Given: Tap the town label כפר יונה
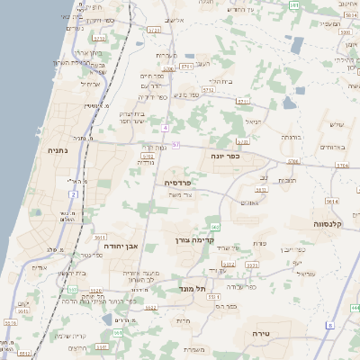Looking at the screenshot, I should pyautogui.click(x=252, y=155).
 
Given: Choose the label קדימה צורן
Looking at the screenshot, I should pyautogui.click(x=190, y=241).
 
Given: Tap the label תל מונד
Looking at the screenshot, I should pyautogui.click(x=193, y=288).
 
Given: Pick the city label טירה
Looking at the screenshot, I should pyautogui.click(x=274, y=334).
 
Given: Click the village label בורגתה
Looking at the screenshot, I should pyautogui.click(x=290, y=137).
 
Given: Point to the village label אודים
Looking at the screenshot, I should pyautogui.click(x=40, y=267).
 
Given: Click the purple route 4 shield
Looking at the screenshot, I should pyautogui.click(x=166, y=128).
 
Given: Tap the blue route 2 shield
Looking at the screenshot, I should pyautogui.click(x=73, y=193).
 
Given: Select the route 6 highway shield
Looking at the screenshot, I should pyautogui.click(x=330, y=325).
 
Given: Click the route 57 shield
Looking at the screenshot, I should pyautogui.click(x=176, y=145).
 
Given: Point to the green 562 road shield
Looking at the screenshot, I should pyautogui.click(x=215, y=227).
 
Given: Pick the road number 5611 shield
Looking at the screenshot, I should pyautogui.click(x=100, y=237).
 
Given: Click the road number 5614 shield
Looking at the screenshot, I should pyautogui.click(x=331, y=202).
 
